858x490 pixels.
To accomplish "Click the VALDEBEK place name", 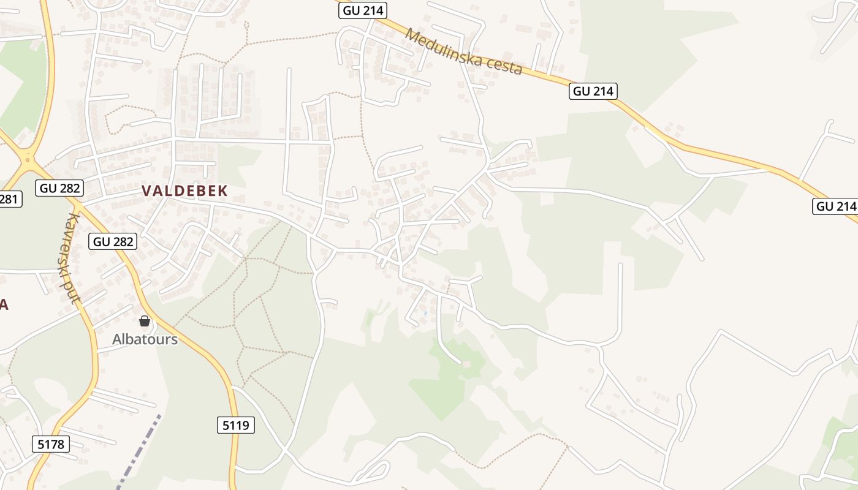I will click(x=184, y=191).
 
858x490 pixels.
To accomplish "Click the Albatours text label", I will click(x=145, y=339).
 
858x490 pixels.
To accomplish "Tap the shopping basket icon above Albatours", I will click(x=145, y=321).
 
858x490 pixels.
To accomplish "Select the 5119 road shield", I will click(x=236, y=425).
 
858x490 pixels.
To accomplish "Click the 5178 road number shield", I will click(x=50, y=444).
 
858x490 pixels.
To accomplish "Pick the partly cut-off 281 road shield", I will click(x=10, y=199).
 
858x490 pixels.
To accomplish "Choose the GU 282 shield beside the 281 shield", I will click(x=59, y=188).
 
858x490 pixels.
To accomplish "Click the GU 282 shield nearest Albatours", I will click(x=113, y=241).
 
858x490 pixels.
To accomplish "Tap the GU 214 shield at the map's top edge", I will click(x=363, y=10).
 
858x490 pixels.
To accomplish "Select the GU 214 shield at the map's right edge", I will click(x=835, y=206).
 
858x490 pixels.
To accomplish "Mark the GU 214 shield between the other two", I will click(x=593, y=91).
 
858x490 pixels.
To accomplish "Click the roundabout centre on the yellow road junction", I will click(x=27, y=160).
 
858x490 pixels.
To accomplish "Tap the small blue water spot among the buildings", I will click(x=425, y=314).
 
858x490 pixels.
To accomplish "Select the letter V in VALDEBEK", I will click(x=147, y=191).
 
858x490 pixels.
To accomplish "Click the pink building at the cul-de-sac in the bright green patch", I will click(x=467, y=364).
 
